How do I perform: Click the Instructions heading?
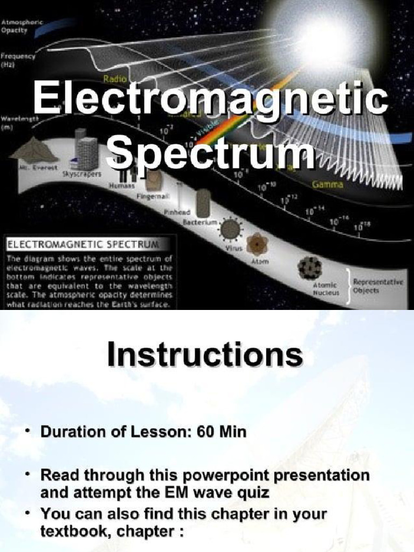[205, 356]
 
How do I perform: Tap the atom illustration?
[257, 244]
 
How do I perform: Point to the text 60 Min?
[224, 432]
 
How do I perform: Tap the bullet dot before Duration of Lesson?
[27, 432]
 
